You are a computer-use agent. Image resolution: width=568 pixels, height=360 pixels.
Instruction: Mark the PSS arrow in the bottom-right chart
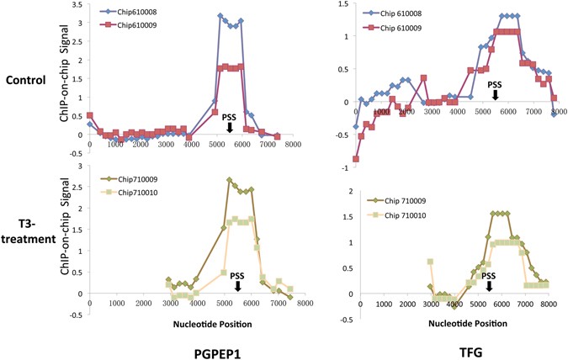click(489, 286)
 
